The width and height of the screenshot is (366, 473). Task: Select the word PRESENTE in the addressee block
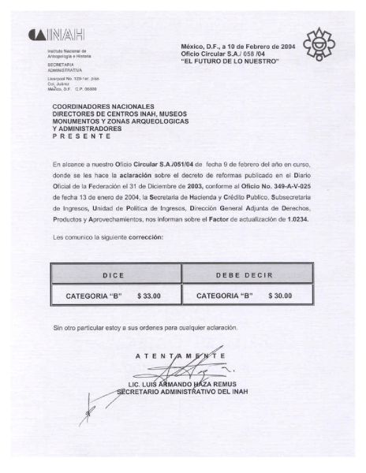(x=81, y=136)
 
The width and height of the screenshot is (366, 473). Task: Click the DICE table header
(x=115, y=275)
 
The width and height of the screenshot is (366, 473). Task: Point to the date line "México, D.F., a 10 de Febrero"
(x=229, y=47)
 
